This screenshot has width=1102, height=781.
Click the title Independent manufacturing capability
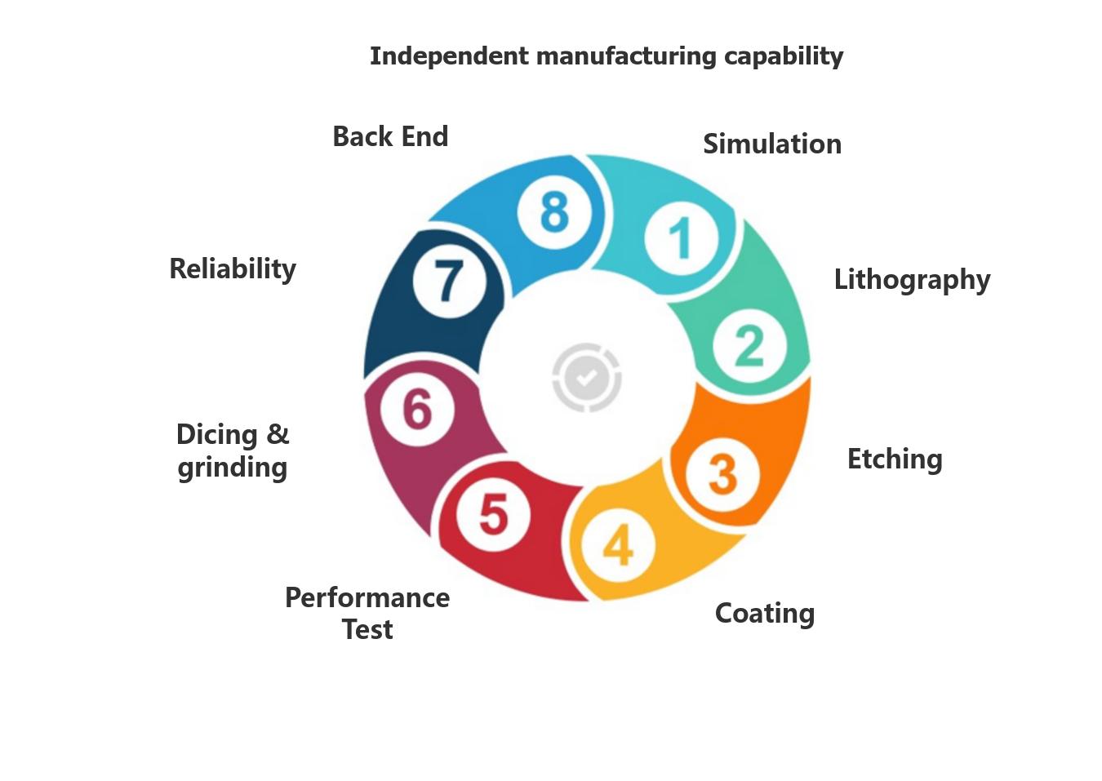pos(606,56)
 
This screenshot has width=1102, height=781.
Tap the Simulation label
pos(771,144)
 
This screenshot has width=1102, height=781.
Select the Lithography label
pos(911,280)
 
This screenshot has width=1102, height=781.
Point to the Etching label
pos(894,459)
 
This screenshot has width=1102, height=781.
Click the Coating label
pos(764,614)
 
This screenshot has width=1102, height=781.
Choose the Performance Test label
pos(367,613)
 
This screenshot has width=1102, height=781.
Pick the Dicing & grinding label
pos(233,450)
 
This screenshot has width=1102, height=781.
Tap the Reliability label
pos(233,268)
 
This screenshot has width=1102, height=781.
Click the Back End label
pos(390,136)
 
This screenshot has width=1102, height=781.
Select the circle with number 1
pos(681,239)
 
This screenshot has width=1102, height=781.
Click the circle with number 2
pos(749,345)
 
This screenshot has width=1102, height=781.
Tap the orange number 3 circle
pos(722,473)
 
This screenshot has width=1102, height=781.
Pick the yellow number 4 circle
pos(618,544)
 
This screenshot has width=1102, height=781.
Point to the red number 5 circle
pos(493,514)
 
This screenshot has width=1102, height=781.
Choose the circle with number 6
pos(417,408)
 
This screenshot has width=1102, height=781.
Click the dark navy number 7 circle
pos(448,281)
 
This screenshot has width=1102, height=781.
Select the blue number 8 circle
pos(554,212)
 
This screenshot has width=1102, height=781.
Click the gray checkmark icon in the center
pos(586,377)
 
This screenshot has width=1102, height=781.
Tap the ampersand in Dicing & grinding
pos(278,434)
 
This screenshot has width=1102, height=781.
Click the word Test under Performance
pos(367,630)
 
